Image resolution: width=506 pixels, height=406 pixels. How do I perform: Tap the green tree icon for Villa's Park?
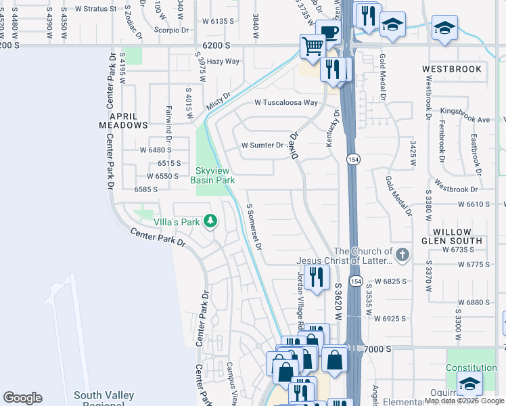[210, 221]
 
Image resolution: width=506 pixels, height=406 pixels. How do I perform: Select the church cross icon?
[402, 255]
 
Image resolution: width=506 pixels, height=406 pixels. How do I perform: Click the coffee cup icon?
[328, 33]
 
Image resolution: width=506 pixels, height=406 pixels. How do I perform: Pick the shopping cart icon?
[313, 47]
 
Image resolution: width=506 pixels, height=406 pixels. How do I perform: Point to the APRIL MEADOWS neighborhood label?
[123, 120]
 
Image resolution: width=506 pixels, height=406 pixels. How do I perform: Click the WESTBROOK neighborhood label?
[452, 69]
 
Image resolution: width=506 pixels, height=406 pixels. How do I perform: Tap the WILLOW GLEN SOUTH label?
[452, 236]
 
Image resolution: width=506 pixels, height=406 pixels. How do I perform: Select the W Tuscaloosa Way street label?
[285, 103]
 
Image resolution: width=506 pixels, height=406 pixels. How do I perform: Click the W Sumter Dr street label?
[262, 145]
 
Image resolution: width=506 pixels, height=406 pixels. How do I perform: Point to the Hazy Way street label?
[223, 62]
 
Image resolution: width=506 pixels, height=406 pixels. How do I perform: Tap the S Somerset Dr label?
[255, 227]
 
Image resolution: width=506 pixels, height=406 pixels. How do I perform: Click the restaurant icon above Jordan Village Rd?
[315, 275]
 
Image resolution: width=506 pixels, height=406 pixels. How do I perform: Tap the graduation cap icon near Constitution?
[469, 384]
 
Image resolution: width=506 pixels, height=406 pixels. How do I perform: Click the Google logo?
[22, 398]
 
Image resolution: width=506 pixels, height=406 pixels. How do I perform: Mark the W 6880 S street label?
[473, 302]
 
